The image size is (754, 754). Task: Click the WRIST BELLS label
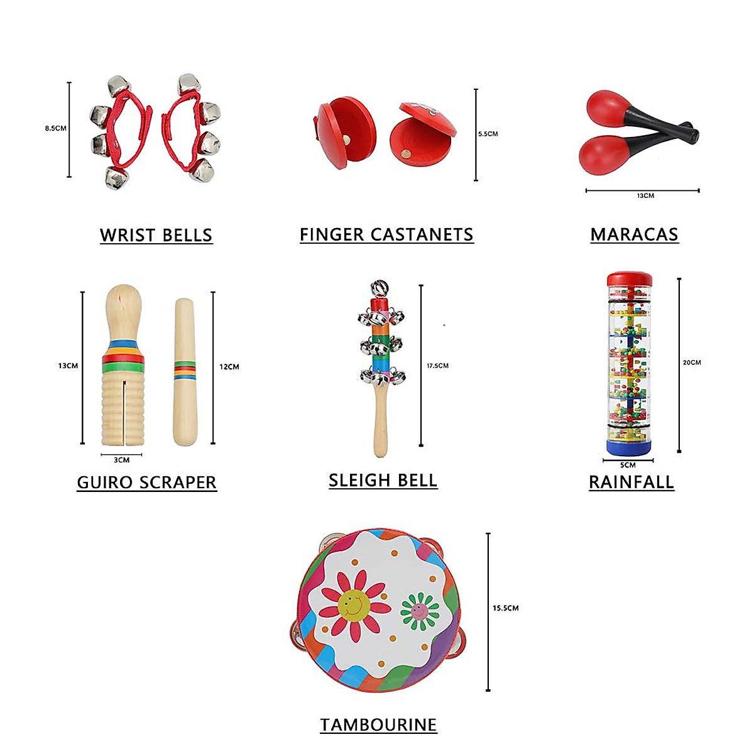point(156,235)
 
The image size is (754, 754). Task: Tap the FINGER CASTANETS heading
point(386,234)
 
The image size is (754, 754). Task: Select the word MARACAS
point(634,234)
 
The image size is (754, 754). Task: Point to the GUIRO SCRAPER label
point(146,482)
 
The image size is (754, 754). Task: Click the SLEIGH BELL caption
point(383,480)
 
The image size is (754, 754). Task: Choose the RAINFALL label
point(631,482)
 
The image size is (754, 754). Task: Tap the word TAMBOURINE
point(378,724)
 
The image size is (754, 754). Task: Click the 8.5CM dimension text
point(55,128)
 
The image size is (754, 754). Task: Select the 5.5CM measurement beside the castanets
point(488,134)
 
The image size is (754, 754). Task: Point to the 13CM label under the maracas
point(645,196)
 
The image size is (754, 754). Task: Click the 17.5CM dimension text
point(437,366)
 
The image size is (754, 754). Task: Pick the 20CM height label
point(692,363)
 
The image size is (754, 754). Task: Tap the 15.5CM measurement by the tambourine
point(505,608)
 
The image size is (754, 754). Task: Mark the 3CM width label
point(121,460)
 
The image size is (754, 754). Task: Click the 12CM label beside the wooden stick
point(229,367)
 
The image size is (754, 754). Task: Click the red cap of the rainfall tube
point(629,279)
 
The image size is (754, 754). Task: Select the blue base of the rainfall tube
point(628,447)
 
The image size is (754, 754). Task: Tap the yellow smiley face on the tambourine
point(353,604)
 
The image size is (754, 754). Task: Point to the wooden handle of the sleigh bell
point(380,421)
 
